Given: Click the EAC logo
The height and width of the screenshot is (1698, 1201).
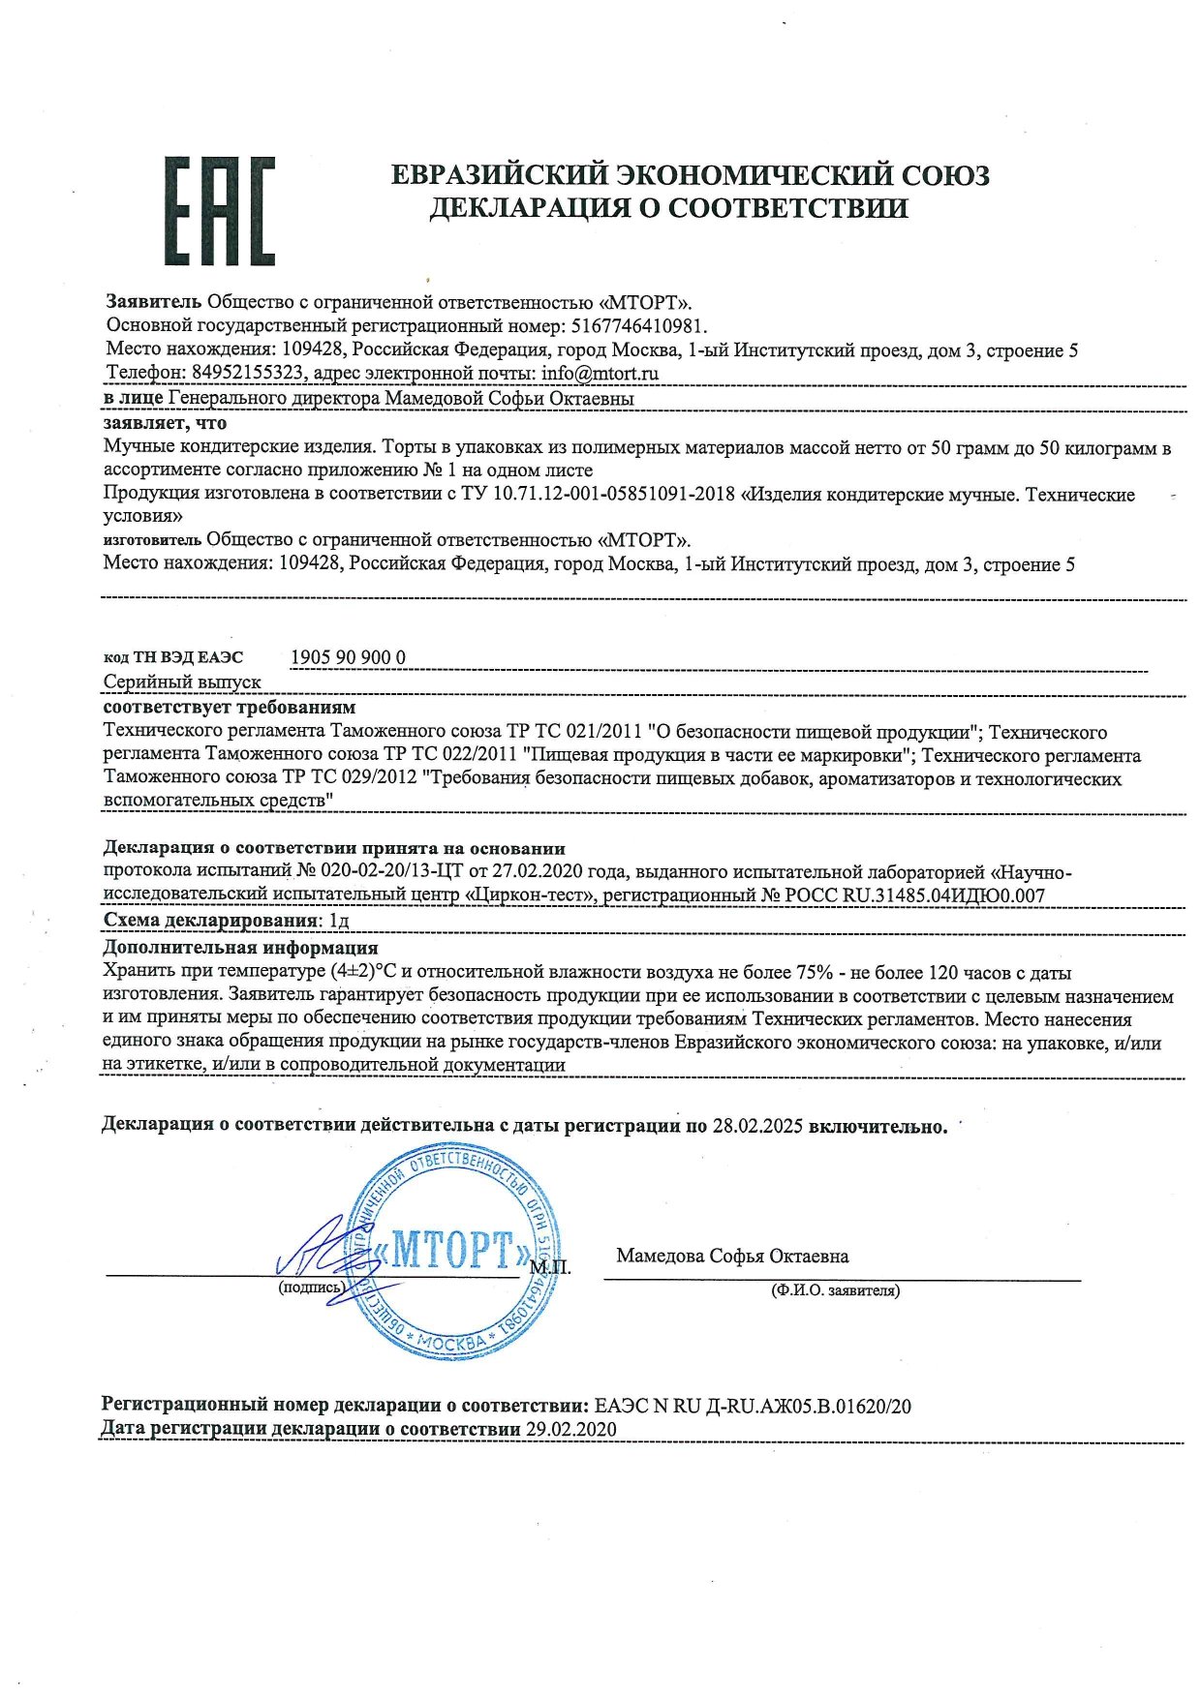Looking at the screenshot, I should tap(220, 211).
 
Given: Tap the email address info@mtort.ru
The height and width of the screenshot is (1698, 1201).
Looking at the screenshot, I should tap(600, 373).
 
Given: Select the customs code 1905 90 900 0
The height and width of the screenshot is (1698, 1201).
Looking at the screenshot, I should tap(349, 658).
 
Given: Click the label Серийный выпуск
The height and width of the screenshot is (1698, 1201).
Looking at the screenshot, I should tap(182, 682).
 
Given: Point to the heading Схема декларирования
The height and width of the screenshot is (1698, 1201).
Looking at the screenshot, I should tap(211, 920).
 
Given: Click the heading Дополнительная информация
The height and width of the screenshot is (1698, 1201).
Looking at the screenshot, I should tap(240, 948).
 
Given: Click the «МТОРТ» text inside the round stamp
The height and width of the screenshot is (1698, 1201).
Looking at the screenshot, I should tap(451, 1250).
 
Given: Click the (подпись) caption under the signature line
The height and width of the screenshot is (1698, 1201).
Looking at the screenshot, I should tap(311, 1288).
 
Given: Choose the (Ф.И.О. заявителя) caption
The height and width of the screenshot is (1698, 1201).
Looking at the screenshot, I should tap(835, 1290).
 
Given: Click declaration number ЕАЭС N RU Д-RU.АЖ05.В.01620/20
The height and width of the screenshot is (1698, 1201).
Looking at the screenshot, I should tap(753, 1406).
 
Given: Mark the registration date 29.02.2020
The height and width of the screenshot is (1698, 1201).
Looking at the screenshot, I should tap(570, 1430).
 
